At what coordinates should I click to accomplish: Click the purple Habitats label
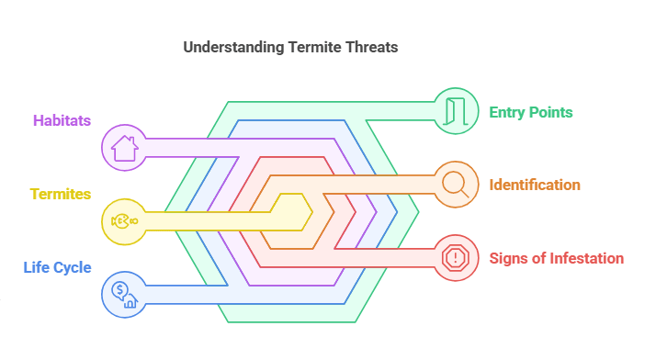coord(62,120)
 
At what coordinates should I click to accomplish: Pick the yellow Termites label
coord(61,194)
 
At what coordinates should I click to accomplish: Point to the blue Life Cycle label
coord(58,267)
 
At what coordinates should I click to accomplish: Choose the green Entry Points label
coord(531,112)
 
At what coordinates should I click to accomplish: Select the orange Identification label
coord(535,185)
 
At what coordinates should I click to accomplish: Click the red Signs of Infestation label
coord(557,258)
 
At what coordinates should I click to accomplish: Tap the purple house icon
coord(124,148)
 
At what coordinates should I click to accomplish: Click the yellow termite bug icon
coord(124,221)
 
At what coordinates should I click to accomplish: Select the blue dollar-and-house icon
coord(124,294)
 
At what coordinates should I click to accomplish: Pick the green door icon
coord(456,111)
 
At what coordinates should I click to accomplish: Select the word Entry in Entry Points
coord(507,112)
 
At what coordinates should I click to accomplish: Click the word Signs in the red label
coord(508,258)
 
